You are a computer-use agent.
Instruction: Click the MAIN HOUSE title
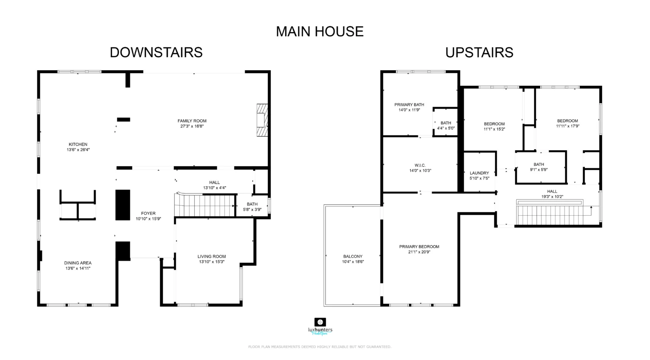(x=319, y=31)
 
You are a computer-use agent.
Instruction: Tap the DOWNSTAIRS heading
(x=156, y=52)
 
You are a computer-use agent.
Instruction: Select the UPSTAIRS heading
(x=479, y=52)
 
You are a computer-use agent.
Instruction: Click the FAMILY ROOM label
(x=192, y=121)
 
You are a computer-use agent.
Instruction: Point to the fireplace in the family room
(x=262, y=120)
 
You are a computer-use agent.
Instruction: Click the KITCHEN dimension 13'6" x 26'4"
(x=78, y=150)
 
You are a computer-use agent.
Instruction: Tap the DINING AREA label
(x=78, y=263)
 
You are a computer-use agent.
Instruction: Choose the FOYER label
(x=148, y=213)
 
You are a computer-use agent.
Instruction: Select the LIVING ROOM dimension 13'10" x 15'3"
(x=212, y=262)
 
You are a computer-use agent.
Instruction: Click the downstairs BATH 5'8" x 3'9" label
(x=252, y=206)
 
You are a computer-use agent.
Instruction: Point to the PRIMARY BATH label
(x=409, y=105)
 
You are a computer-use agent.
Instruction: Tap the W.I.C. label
(x=420, y=165)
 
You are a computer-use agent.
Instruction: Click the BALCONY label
(x=353, y=256)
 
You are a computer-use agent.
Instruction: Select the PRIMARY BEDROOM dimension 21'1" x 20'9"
(x=419, y=252)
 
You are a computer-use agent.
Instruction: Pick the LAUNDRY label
(x=479, y=173)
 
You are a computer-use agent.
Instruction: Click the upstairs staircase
(x=550, y=214)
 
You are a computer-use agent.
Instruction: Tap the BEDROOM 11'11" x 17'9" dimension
(x=567, y=126)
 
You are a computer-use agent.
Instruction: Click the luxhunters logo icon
(x=320, y=322)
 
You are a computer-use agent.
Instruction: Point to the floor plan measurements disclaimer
(x=319, y=346)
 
